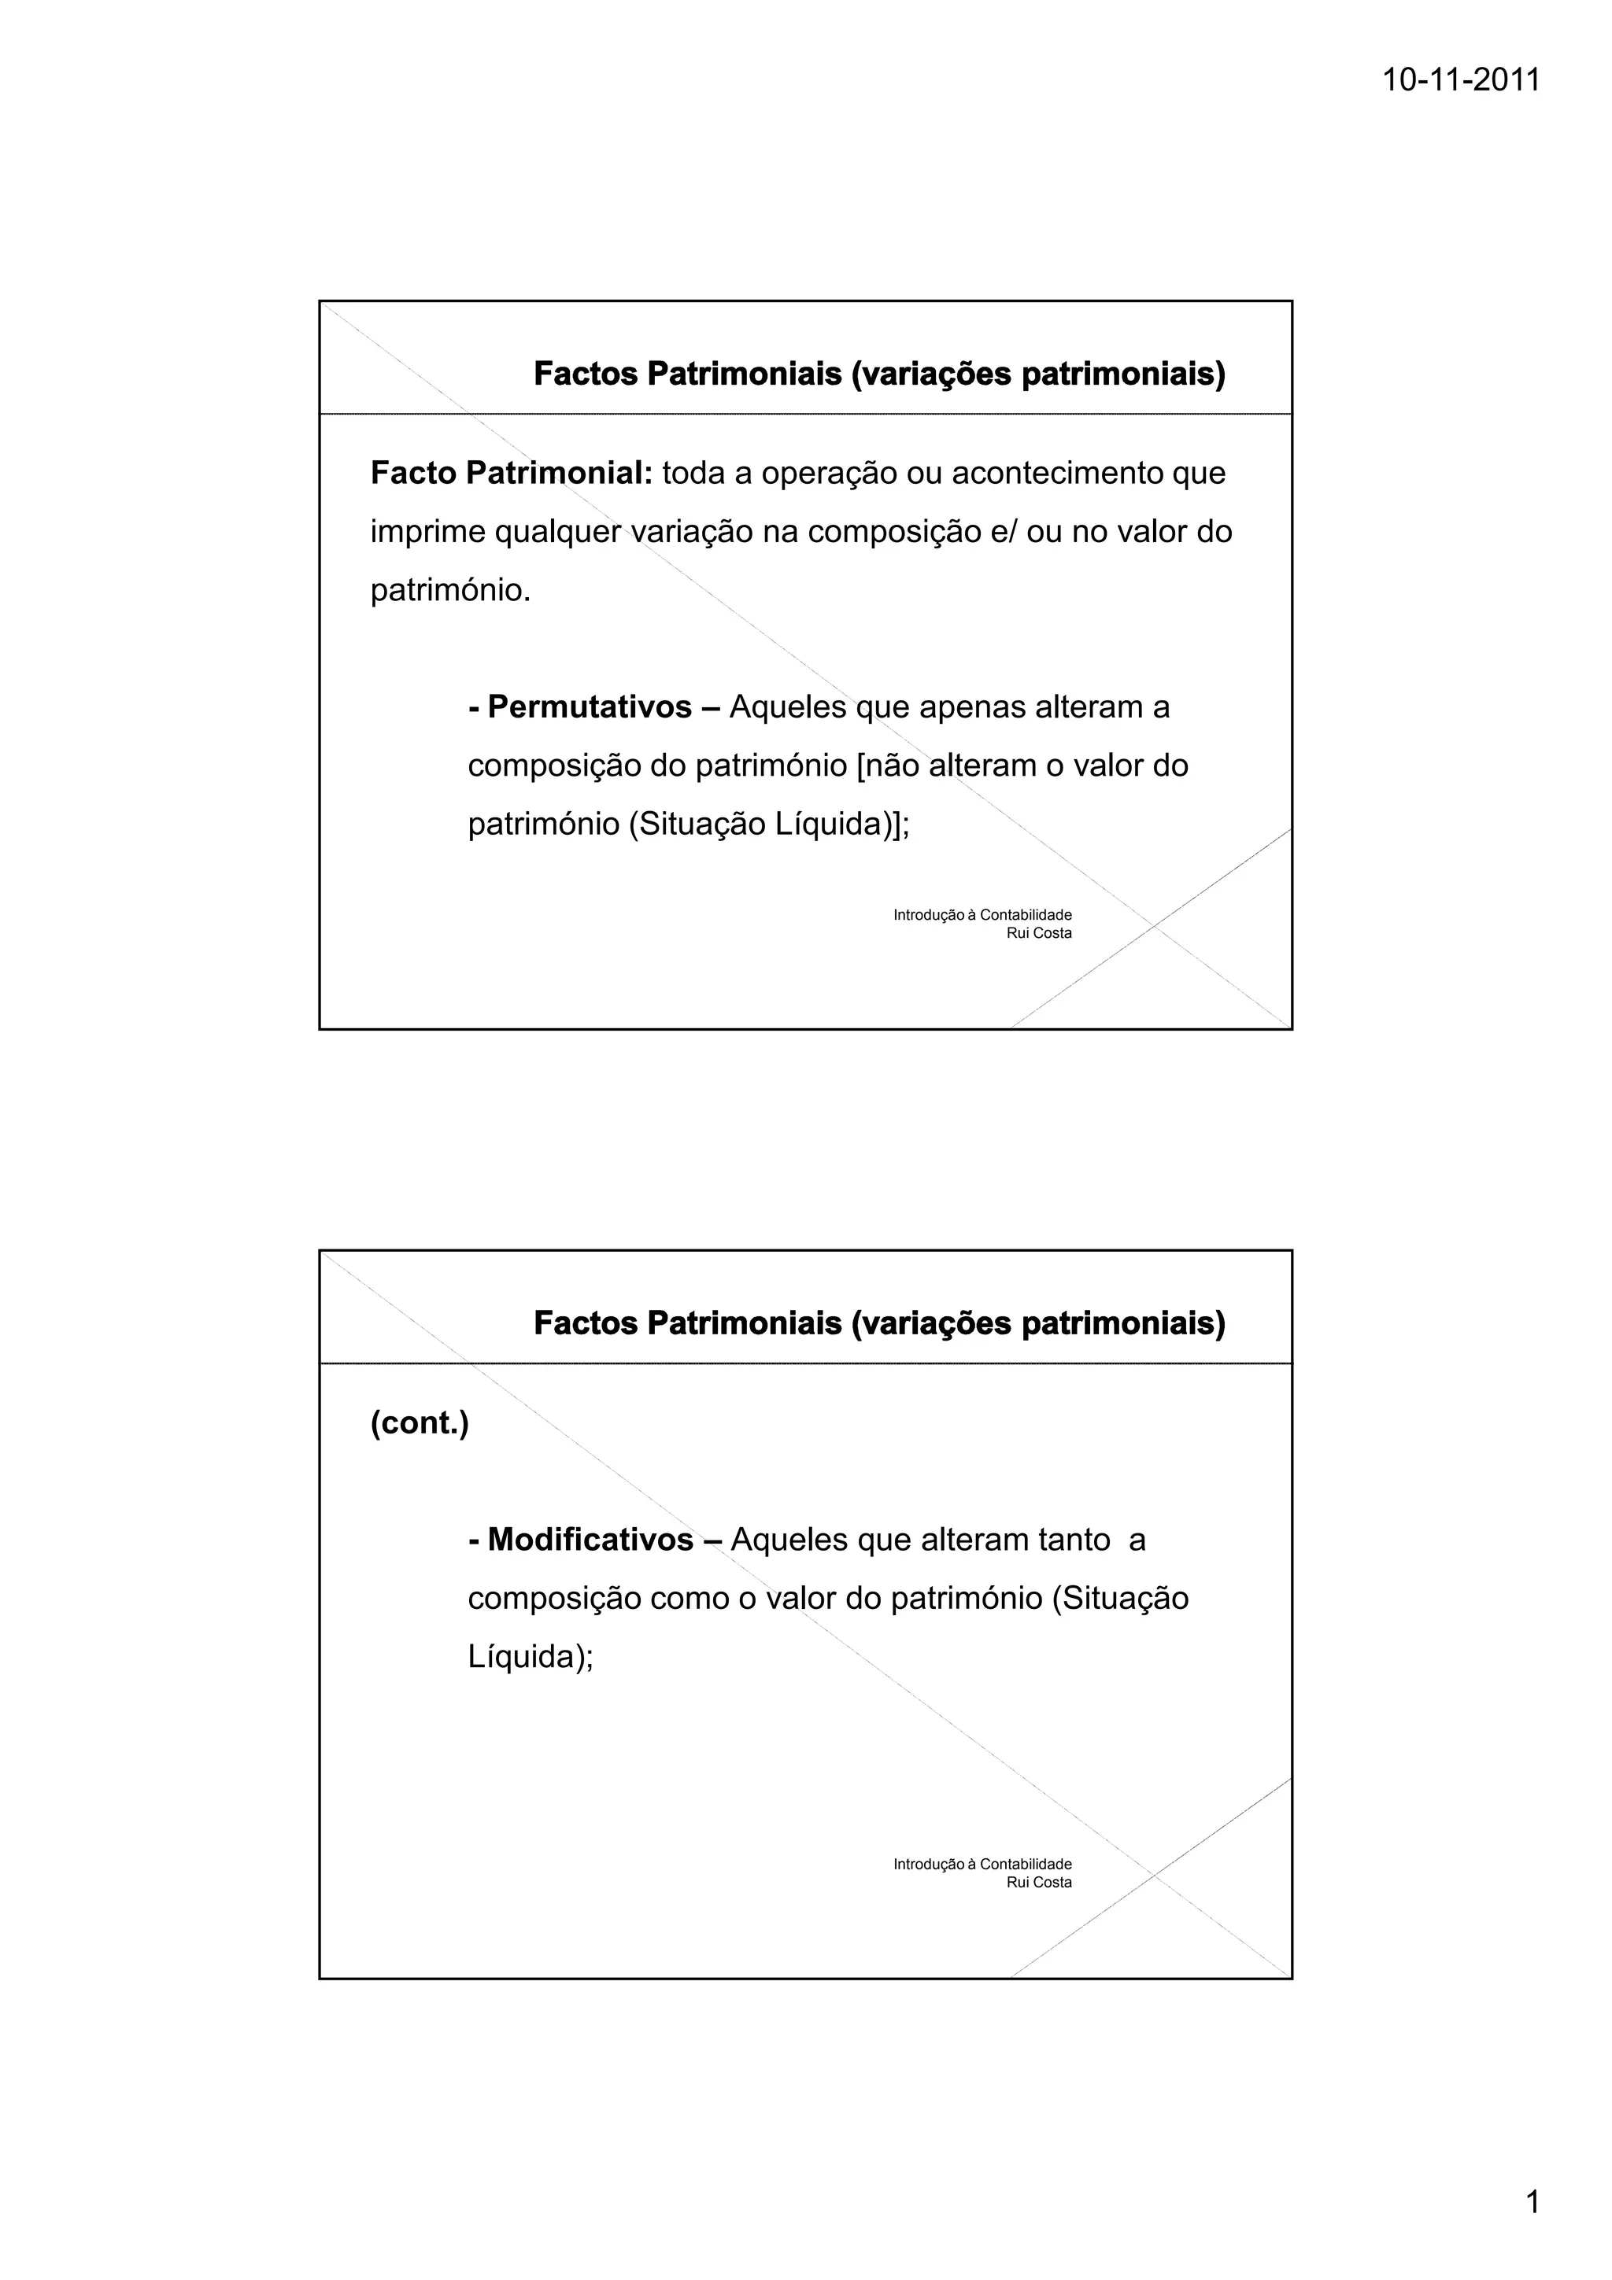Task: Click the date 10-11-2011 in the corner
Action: tap(1461, 79)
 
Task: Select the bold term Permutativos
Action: tap(590, 707)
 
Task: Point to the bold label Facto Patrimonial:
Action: tap(512, 473)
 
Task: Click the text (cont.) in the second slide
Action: tap(420, 1423)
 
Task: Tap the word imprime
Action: tap(427, 533)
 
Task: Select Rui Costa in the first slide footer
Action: tap(1039, 933)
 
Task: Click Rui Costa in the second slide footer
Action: tap(1039, 1883)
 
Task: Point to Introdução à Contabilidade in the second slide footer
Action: tap(982, 1864)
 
